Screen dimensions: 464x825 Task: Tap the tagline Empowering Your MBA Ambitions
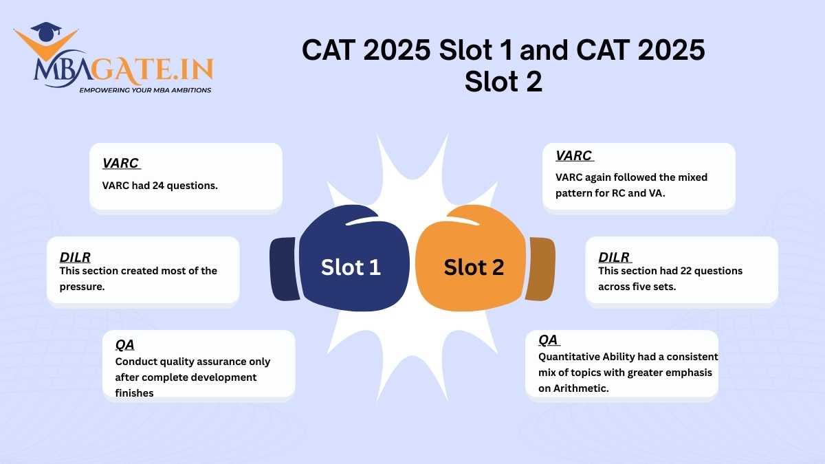point(145,90)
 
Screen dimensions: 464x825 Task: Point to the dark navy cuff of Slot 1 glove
point(284,269)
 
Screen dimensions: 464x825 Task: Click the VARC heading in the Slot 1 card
point(120,164)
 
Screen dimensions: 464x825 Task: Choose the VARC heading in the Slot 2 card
point(573,156)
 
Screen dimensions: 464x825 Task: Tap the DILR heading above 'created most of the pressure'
point(75,257)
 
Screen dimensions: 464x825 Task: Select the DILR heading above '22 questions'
point(614,257)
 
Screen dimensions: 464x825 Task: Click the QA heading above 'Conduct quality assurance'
point(124,345)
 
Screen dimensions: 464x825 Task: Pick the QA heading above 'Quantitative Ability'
point(548,340)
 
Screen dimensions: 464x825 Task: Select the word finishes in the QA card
point(134,393)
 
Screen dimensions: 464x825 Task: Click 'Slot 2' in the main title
point(503,82)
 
